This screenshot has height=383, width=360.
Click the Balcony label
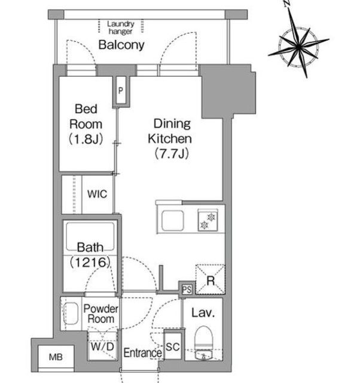(x=121, y=45)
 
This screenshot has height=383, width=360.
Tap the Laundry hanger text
(x=121, y=28)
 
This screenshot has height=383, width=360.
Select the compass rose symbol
(x=298, y=44)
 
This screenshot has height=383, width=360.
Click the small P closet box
(x=121, y=90)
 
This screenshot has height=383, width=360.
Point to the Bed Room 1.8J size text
(x=86, y=139)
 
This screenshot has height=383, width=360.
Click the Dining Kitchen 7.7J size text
(x=172, y=154)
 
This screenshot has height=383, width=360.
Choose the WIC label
(x=97, y=194)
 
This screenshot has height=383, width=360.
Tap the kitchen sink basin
(x=173, y=220)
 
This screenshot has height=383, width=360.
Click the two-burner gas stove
(x=208, y=220)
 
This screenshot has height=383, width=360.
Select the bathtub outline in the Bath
(x=90, y=236)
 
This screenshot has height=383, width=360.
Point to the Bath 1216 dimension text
(x=90, y=263)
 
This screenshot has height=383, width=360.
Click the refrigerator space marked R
(x=210, y=279)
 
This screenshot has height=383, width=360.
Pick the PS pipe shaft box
(x=187, y=290)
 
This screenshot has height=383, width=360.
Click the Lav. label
(x=203, y=313)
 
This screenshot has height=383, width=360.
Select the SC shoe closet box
(x=173, y=346)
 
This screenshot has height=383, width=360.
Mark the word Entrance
(x=143, y=353)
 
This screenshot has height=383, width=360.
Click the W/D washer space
(x=102, y=346)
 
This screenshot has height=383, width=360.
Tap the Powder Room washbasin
(x=71, y=314)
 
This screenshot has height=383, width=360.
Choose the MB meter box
(x=56, y=357)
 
